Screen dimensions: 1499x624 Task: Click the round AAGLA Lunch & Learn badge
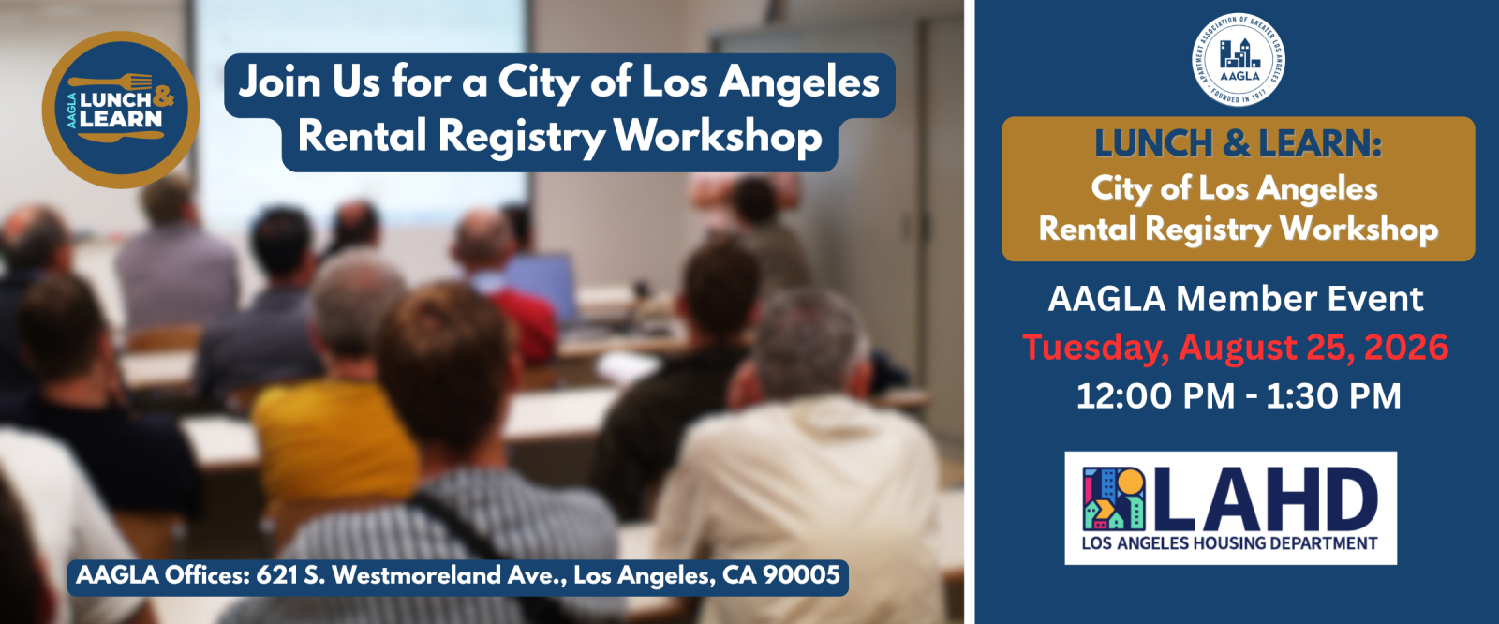[121, 109]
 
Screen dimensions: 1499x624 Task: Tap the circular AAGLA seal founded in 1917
[1238, 59]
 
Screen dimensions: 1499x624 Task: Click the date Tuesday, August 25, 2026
[1236, 348]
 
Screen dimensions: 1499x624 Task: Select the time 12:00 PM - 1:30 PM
[1238, 395]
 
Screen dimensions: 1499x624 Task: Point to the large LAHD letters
[1264, 498]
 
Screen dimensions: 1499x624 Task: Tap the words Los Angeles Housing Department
[1229, 543]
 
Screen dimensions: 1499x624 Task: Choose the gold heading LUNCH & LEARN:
[1238, 143]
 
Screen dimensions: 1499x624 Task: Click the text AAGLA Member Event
[1236, 299]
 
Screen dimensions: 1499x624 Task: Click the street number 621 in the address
[276, 575]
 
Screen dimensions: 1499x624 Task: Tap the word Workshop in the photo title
[718, 137]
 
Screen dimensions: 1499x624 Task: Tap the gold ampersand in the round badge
[163, 97]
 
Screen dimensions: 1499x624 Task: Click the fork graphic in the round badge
[111, 82]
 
